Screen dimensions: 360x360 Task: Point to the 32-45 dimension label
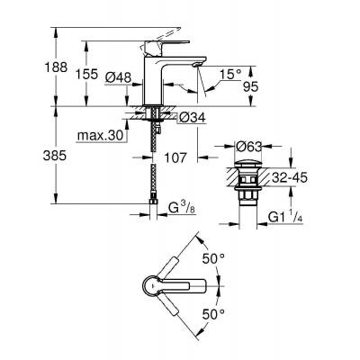(x=317, y=178)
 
